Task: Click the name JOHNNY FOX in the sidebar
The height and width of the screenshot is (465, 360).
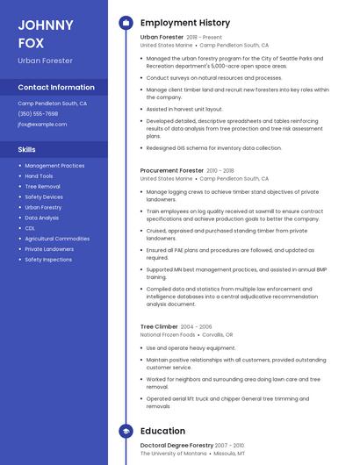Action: tap(46, 32)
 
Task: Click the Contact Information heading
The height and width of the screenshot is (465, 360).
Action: tap(56, 88)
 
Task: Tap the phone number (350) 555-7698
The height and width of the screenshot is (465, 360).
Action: tap(38, 114)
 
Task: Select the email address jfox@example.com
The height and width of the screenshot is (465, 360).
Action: tap(42, 125)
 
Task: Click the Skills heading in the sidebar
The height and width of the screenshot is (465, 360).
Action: tap(27, 149)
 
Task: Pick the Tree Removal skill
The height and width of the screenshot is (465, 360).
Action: tap(42, 187)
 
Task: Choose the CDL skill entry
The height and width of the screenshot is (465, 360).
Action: tap(30, 228)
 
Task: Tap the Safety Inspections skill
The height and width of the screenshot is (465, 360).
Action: tap(48, 260)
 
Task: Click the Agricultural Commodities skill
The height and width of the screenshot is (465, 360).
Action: tap(57, 239)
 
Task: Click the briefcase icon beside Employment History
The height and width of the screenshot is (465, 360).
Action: tap(126, 23)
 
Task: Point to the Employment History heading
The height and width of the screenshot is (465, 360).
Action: tap(185, 23)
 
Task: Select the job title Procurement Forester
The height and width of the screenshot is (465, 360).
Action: tap(172, 171)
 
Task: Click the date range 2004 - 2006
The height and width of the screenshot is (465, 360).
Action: tap(196, 326)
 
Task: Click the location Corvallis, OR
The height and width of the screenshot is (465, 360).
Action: tap(217, 335)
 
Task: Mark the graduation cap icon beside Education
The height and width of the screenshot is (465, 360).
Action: tap(126, 431)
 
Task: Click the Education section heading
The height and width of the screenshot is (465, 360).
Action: tap(162, 431)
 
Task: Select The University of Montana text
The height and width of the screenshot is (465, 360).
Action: tap(174, 454)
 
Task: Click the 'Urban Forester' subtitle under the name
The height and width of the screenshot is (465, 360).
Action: tap(45, 61)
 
